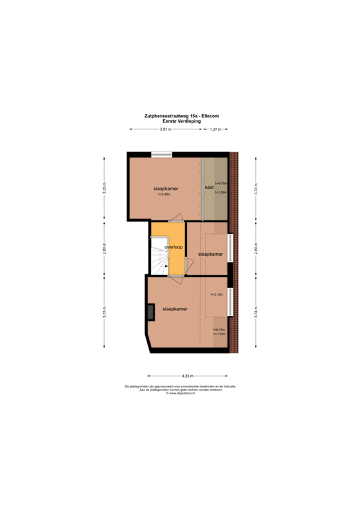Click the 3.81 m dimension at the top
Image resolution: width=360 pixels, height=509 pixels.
coord(166,130)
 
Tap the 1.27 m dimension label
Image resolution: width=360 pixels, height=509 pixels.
coord(215,130)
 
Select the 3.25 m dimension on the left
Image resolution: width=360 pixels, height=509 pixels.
coord(103,188)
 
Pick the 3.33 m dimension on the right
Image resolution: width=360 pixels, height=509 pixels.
coord(256,188)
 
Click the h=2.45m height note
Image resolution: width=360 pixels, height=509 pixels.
coord(164,194)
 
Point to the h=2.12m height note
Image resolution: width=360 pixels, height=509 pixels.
coord(217,294)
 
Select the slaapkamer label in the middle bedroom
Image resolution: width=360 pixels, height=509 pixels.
coord(210,254)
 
